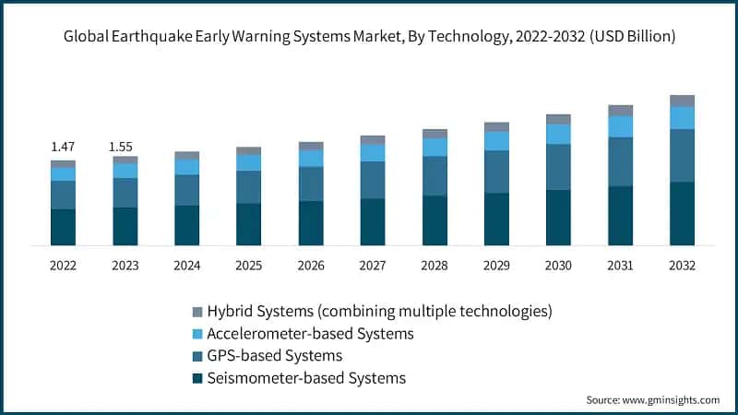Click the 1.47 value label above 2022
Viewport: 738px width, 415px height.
[63, 147]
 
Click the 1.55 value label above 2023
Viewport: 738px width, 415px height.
[125, 147]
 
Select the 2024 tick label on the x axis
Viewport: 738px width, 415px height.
[186, 266]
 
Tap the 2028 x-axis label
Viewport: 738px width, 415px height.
[434, 266]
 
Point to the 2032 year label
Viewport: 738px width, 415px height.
[682, 266]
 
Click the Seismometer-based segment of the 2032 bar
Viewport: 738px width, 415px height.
[682, 213]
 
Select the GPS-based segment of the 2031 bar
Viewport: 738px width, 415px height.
[620, 161]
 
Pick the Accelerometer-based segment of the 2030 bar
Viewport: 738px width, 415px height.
[558, 134]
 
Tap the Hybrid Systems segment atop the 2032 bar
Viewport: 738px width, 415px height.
[682, 101]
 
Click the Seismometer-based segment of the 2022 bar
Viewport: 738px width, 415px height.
[63, 227]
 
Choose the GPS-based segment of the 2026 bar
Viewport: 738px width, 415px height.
[311, 184]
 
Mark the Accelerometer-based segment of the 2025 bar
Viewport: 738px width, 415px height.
[249, 162]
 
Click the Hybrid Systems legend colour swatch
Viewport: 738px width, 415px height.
[196, 312]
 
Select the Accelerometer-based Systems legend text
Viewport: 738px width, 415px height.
[310, 333]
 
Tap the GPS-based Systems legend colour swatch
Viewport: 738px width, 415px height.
[196, 356]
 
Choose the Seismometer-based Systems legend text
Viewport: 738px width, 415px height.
[306, 378]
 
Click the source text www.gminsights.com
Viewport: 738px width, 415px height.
[669, 400]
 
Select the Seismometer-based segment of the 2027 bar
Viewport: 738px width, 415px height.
[373, 221]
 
